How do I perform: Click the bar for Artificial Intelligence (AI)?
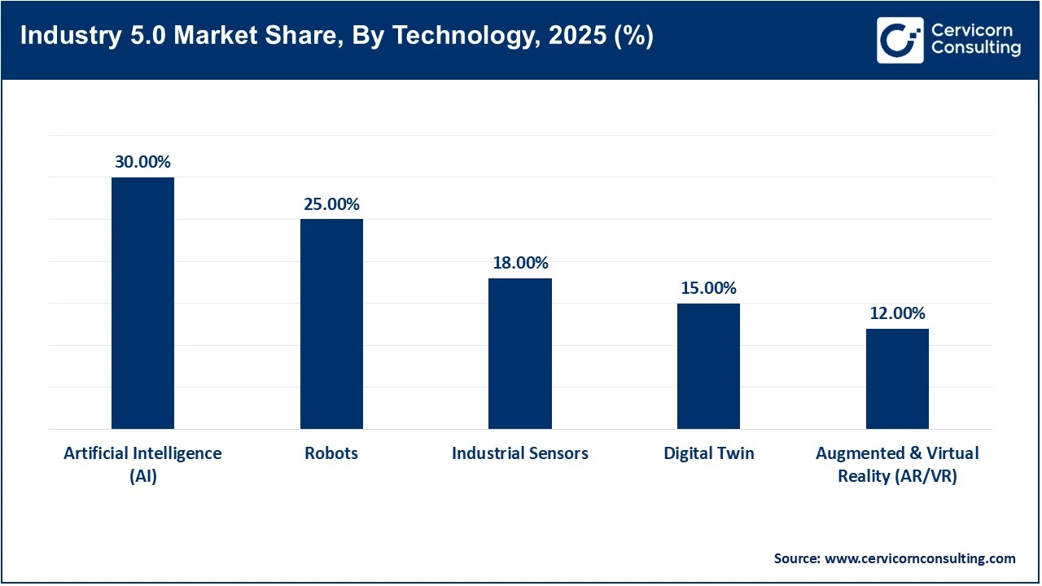[x=142, y=303]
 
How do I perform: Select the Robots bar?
[x=331, y=324]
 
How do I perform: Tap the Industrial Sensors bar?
[x=519, y=353]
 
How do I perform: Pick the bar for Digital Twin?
[x=708, y=366]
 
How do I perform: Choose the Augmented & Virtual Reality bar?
[x=897, y=378]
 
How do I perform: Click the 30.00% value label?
[x=142, y=162]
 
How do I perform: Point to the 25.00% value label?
[x=331, y=204]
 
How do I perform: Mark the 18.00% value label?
[x=520, y=263]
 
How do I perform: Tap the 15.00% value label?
[x=708, y=288]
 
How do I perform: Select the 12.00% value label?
[x=897, y=313]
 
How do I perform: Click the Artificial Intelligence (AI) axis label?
[x=142, y=464]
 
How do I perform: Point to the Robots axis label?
[x=331, y=453]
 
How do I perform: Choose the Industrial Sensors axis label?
[x=520, y=453]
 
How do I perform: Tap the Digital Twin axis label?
[x=708, y=453]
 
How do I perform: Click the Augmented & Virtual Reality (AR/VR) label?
[x=897, y=464]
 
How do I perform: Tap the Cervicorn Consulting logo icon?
[x=900, y=40]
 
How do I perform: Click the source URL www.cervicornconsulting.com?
[x=920, y=558]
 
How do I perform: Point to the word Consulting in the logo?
[x=975, y=49]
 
